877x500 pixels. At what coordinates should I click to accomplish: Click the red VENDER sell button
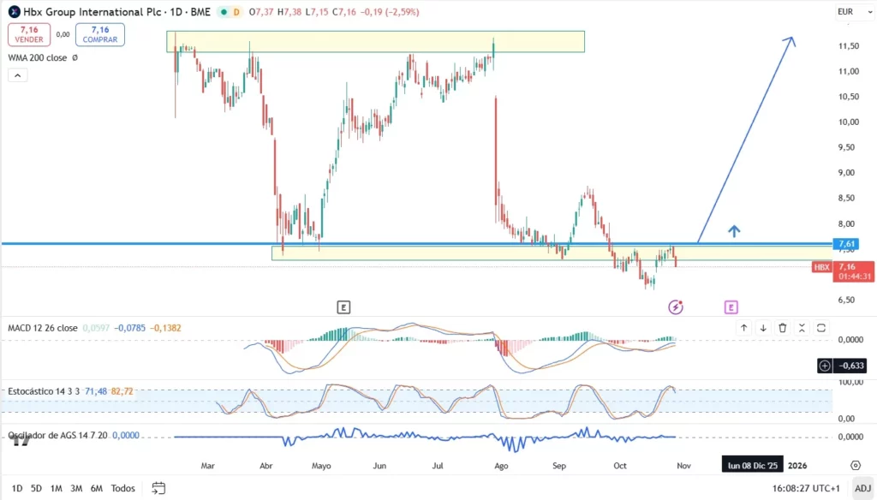point(29,34)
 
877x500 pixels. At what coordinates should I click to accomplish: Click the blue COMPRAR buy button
point(100,34)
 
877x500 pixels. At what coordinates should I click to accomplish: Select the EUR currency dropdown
point(845,12)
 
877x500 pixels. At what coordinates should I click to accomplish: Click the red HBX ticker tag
point(822,267)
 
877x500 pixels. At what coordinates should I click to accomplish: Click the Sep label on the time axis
point(560,466)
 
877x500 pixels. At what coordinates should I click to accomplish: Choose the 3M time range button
point(76,488)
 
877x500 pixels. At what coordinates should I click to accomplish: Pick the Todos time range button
point(123,488)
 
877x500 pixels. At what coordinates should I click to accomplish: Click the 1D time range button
point(17,488)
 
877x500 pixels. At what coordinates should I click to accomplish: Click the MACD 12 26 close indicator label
point(43,328)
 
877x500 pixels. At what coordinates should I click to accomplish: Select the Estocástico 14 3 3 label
point(44,391)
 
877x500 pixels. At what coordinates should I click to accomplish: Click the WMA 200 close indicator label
point(38,57)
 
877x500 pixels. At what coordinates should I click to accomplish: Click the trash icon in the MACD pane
point(783,328)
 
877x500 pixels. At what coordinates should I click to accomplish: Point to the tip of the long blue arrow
point(792,38)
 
